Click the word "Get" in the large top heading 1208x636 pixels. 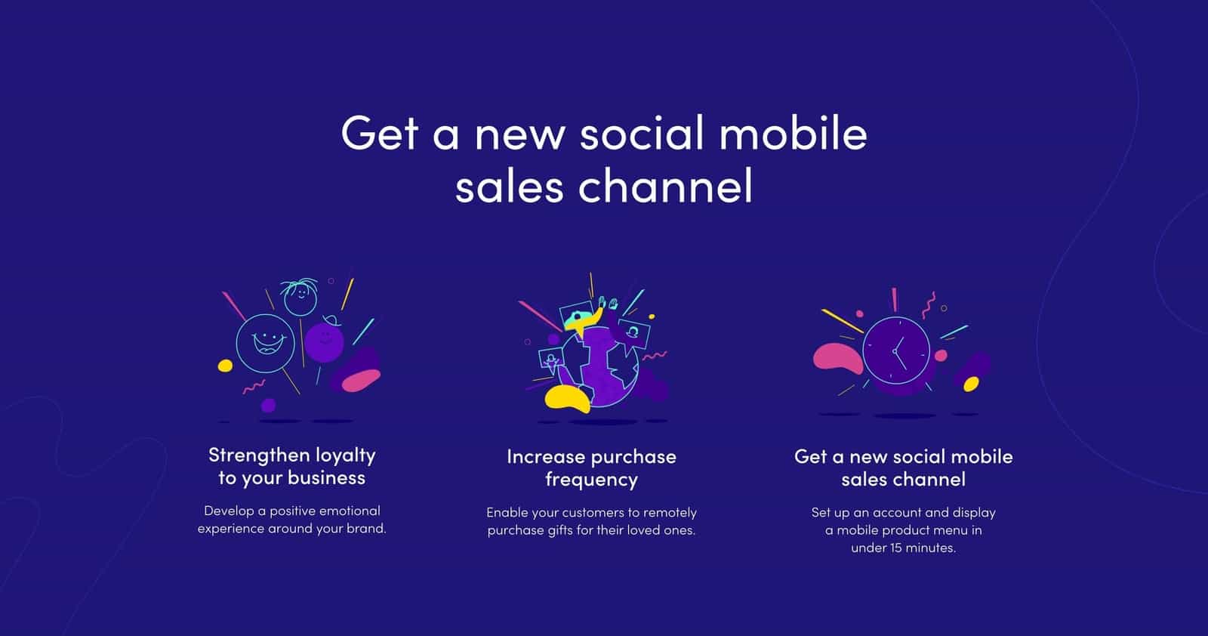tap(380, 133)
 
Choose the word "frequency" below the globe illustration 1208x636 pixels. tap(592, 480)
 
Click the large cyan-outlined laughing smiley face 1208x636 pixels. tap(265, 344)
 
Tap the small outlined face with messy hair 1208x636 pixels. tap(300, 297)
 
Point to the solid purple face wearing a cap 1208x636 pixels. tap(324, 341)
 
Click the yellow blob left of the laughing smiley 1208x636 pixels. tap(225, 366)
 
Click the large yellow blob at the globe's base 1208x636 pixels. tap(567, 399)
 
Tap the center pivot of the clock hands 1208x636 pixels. tap(895, 351)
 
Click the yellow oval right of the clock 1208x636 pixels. tap(971, 384)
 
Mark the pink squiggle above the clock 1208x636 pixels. tap(928, 305)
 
